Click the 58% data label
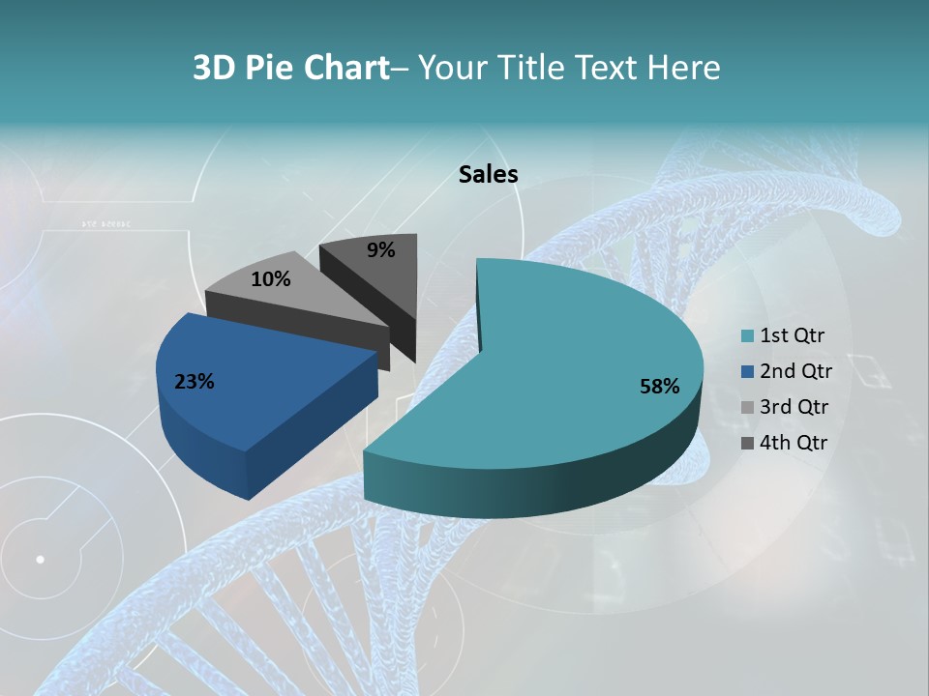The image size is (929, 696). pyautogui.click(x=659, y=387)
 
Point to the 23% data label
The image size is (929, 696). pyautogui.click(x=194, y=382)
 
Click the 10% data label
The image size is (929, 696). pyautogui.click(x=270, y=279)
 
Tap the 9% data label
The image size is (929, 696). pyautogui.click(x=380, y=250)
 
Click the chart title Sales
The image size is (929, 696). pyautogui.click(x=488, y=174)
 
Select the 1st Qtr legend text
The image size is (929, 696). pyautogui.click(x=792, y=336)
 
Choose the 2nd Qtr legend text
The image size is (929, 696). pyautogui.click(x=795, y=371)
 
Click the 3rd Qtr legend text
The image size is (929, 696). pyautogui.click(x=795, y=407)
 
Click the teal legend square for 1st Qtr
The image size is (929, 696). pyautogui.click(x=747, y=336)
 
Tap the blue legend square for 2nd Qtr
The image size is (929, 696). pyautogui.click(x=747, y=372)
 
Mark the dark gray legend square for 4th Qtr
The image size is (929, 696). pyautogui.click(x=747, y=443)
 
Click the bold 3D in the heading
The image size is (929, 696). pyautogui.click(x=216, y=68)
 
